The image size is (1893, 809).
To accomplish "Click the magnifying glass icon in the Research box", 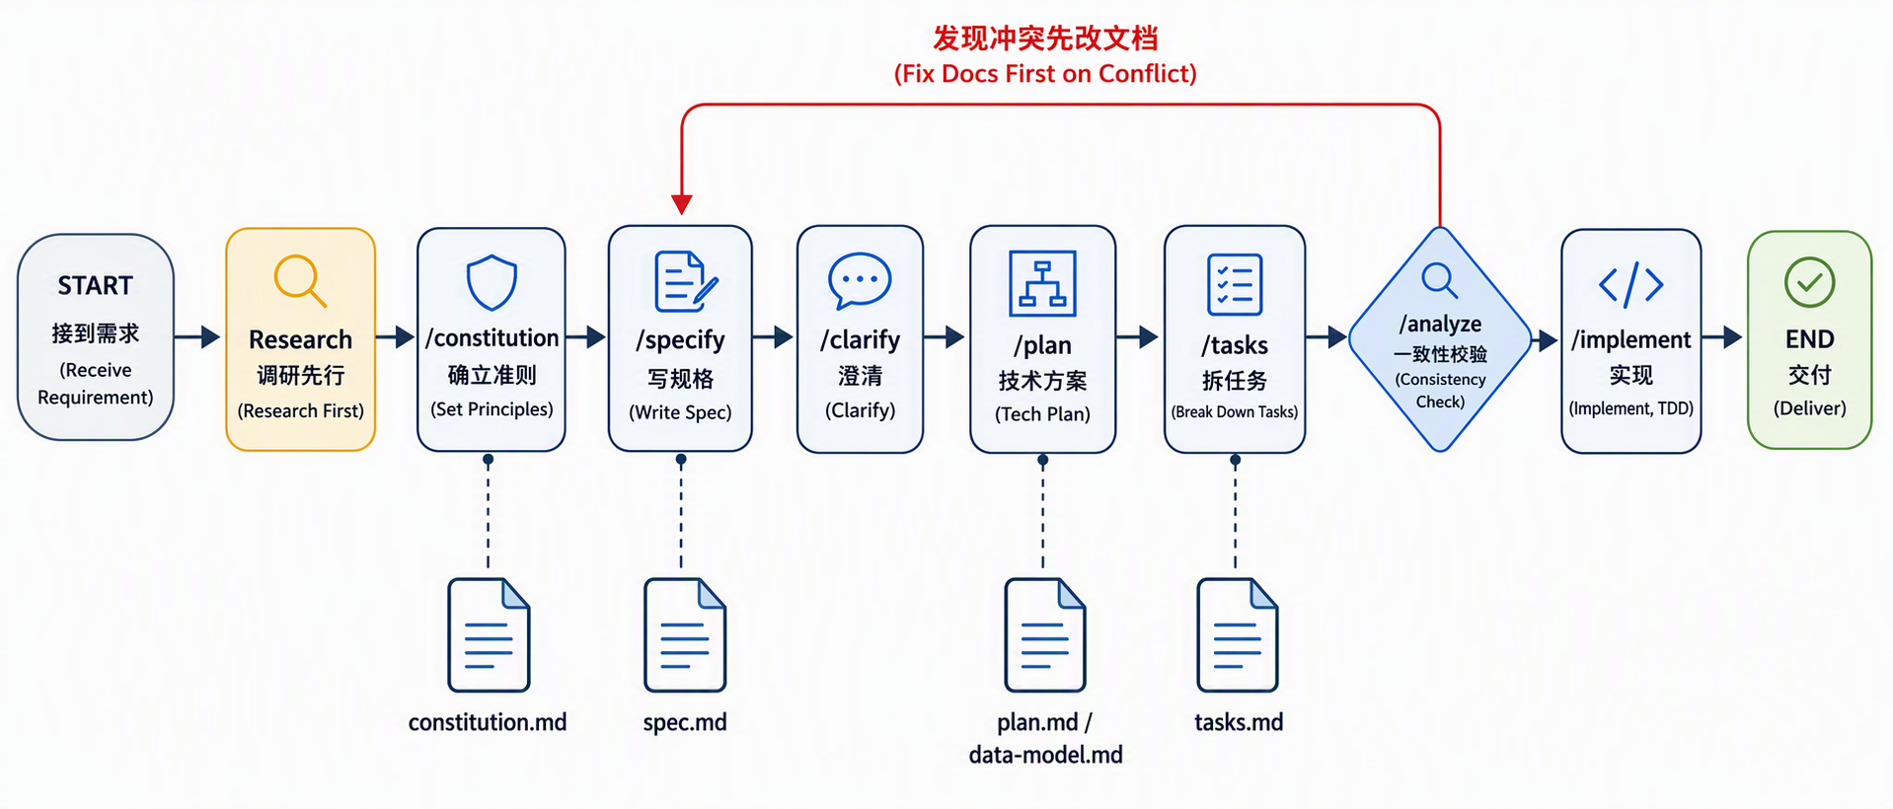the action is pos(300,281).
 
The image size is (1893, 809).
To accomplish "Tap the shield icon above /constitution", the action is pos(492,283).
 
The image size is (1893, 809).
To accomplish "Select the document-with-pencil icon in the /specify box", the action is pos(686,281).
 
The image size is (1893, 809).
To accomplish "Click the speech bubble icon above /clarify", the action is pos(860,281).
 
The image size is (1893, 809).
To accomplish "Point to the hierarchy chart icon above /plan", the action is pos(1042,283).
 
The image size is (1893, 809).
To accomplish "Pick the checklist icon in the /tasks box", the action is pos(1235,284).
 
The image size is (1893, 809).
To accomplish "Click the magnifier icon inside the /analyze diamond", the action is pos(1439,280).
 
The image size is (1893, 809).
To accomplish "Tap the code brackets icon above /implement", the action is pos(1630,284).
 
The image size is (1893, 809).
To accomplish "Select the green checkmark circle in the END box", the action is pos(1809,282).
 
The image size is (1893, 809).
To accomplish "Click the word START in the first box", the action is pos(95,286).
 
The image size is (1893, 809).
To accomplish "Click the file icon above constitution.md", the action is pos(489,635).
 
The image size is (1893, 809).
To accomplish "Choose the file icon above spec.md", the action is pos(685,635).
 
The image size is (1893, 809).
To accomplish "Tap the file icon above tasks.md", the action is pos(1238,635).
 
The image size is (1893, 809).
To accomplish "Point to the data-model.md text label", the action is pos(1045,756).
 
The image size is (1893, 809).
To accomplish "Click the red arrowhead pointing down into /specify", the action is pos(681,204).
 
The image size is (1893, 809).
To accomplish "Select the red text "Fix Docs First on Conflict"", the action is pos(1045,74).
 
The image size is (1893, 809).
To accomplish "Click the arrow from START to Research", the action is pos(197,337).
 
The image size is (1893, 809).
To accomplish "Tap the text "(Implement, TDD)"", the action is pos(1630,408).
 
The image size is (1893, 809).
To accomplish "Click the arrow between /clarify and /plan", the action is pos(945,337).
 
